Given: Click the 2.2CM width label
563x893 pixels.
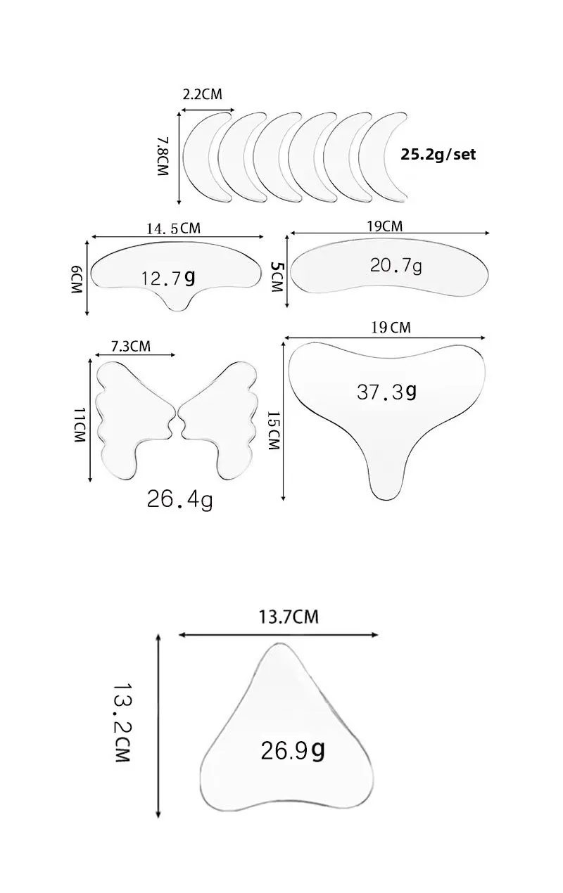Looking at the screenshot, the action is [x=202, y=94].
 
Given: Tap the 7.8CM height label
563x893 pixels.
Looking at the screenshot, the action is [x=163, y=157].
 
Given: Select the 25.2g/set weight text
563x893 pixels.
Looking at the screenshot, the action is [x=438, y=155].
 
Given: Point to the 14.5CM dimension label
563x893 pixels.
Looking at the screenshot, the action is [x=174, y=229].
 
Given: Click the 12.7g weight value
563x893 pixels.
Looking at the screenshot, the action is [x=168, y=278].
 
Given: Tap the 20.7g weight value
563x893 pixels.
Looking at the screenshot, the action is [x=396, y=266].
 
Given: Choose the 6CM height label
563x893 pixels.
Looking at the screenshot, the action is [x=77, y=281].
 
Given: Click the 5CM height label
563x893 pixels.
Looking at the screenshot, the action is [x=277, y=276].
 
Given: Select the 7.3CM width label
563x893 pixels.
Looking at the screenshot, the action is [x=131, y=346].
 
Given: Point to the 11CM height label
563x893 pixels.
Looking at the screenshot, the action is [x=80, y=425].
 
